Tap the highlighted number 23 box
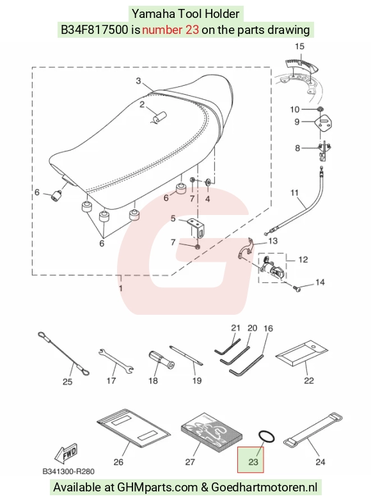(250, 459)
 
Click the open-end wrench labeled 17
(116, 361)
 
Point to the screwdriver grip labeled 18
(161, 360)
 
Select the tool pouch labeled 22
(302, 353)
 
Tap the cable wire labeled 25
(63, 353)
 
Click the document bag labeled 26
(134, 428)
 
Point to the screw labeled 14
(297, 289)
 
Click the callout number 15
(299, 47)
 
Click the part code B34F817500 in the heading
(95, 29)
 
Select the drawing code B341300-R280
(68, 472)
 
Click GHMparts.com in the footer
(157, 488)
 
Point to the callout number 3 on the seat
(138, 81)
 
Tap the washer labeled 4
(207, 183)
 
